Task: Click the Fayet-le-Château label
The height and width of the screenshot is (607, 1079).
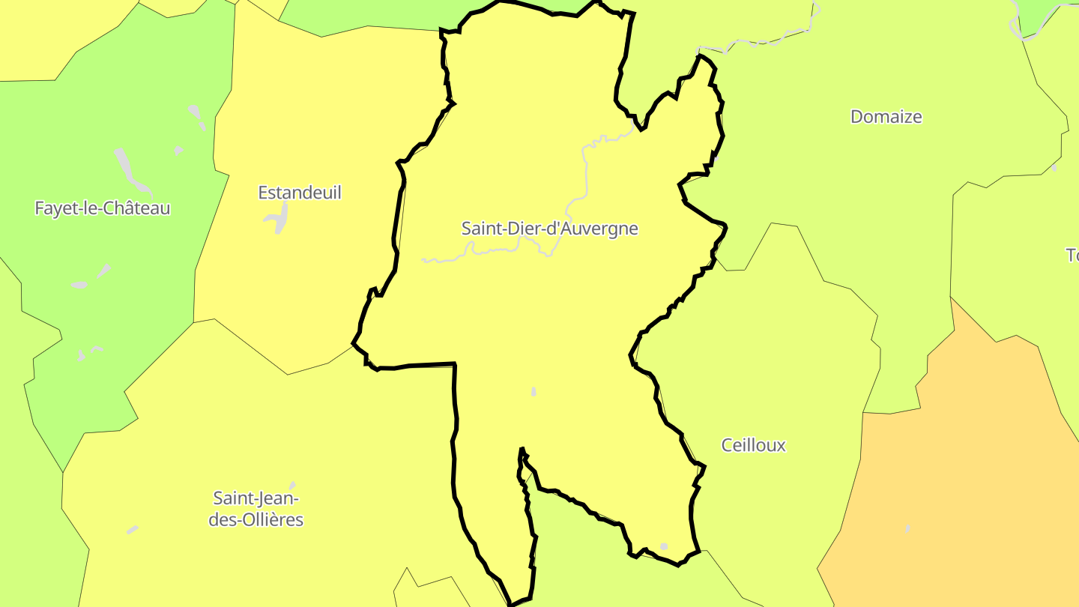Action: (103, 208)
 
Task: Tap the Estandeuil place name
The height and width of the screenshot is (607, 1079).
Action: (300, 193)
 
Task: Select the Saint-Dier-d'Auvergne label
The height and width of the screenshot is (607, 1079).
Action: (549, 229)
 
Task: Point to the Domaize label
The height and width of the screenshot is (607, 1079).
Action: (886, 117)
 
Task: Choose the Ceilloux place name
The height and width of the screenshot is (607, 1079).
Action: (753, 445)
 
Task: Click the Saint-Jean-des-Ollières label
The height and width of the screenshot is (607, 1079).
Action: (256, 508)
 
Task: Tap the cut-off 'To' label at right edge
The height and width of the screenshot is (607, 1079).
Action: (1072, 256)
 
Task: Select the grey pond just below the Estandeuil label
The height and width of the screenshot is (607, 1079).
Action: (277, 217)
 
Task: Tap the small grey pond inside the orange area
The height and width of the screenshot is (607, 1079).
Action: (908, 529)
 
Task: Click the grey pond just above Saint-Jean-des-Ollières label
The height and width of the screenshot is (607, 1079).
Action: (292, 486)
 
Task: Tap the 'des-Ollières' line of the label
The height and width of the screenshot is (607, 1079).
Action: (256, 519)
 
